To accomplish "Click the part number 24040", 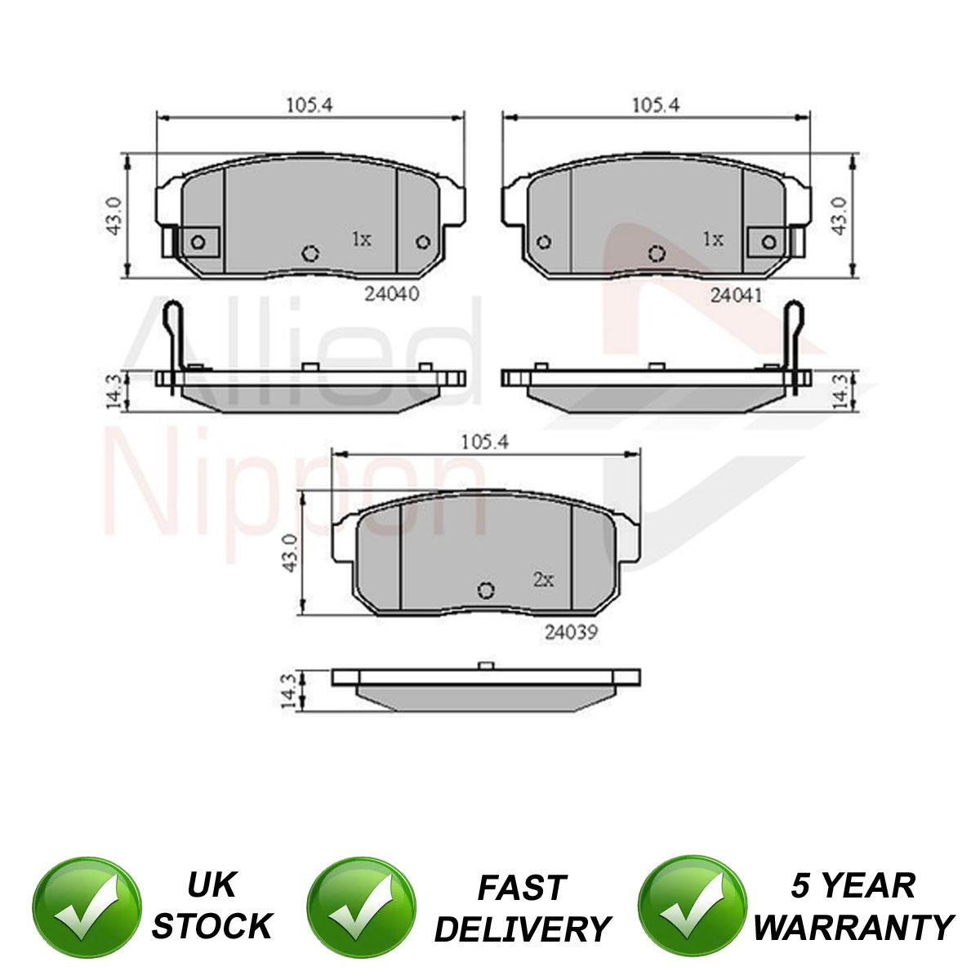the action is (392, 295).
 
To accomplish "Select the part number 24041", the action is (737, 296).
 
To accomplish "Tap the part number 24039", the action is (571, 632).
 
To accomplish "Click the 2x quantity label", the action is (543, 579).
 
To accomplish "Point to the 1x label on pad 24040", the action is (362, 238).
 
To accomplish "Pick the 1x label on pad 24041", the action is (712, 238).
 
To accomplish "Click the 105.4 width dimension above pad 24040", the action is (310, 105).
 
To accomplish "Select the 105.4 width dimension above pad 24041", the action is (656, 105).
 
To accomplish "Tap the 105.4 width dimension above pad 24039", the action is (484, 443).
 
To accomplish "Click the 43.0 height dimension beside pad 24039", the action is (291, 553).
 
